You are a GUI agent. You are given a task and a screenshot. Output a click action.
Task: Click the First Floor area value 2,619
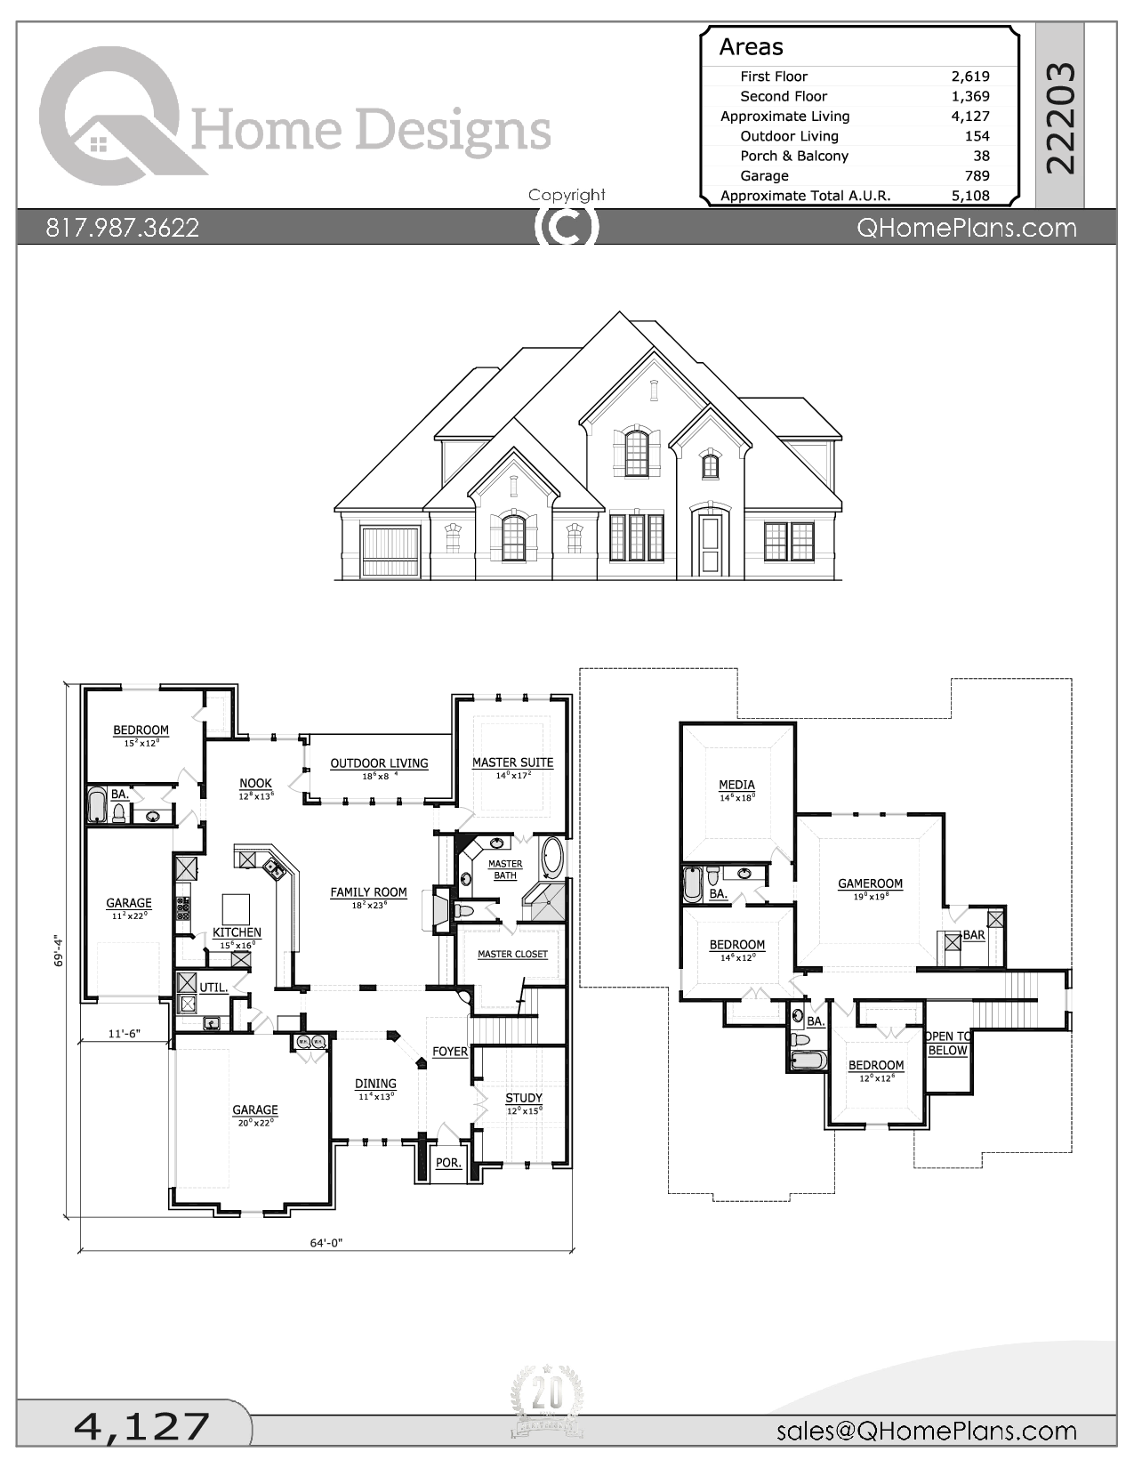click(969, 77)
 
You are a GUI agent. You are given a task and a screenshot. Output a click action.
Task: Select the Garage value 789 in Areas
click(977, 176)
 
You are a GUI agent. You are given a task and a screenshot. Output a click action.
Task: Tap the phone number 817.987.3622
click(123, 228)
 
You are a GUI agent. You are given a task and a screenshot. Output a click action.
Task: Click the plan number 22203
click(1060, 117)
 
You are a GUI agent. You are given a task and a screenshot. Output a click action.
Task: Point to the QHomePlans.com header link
click(966, 228)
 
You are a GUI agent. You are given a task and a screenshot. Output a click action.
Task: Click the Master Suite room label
click(512, 762)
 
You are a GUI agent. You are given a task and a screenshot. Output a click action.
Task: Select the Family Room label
click(368, 892)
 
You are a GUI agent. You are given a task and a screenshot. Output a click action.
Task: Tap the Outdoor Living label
click(379, 763)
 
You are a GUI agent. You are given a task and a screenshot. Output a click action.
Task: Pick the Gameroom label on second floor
click(870, 883)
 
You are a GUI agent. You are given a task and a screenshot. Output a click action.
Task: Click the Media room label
click(736, 785)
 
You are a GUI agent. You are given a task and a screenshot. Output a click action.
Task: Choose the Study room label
click(524, 1098)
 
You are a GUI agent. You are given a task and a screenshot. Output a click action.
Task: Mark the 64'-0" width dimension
click(326, 1243)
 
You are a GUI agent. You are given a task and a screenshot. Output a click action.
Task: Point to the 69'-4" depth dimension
click(59, 949)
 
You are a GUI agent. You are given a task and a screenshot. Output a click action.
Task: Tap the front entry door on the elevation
click(710, 544)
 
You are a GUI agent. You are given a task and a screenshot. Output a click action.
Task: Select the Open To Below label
click(947, 1044)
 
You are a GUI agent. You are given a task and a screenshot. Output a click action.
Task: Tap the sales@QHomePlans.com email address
click(926, 1431)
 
